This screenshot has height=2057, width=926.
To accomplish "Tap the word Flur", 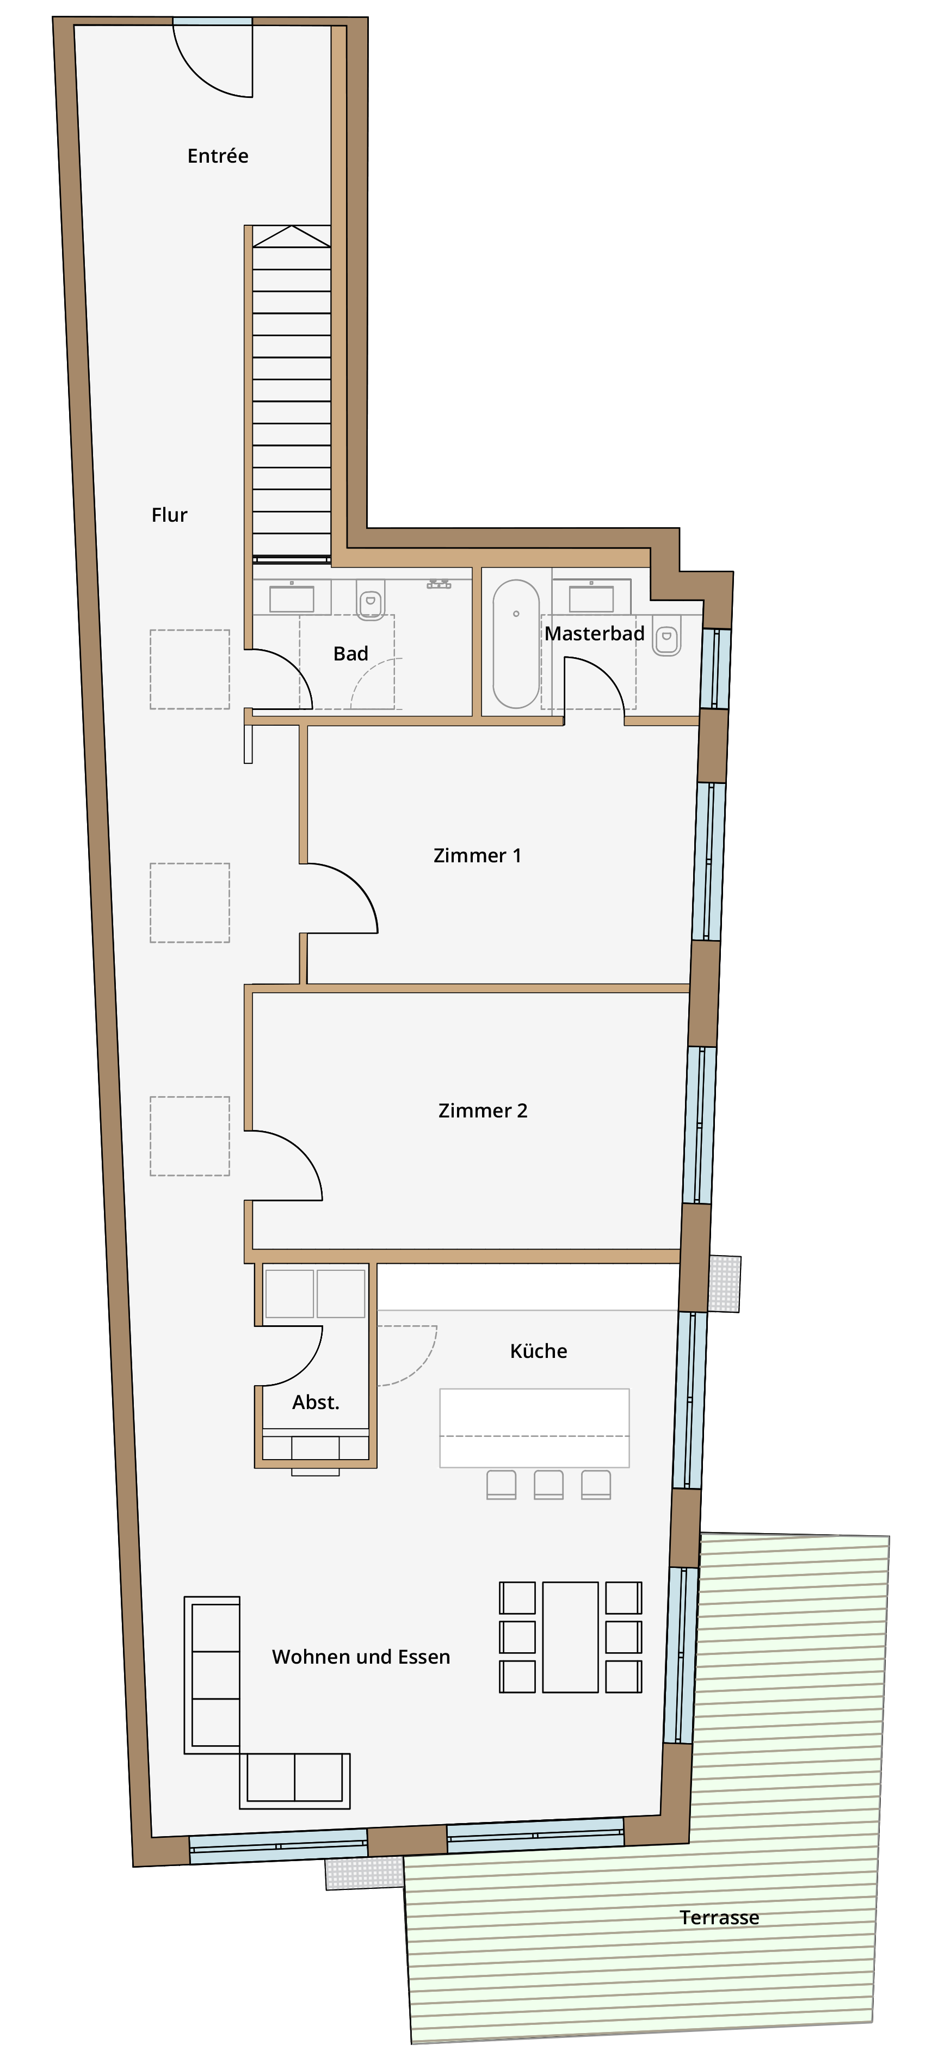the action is click(x=169, y=515).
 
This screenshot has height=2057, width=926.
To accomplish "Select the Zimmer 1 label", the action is click(x=477, y=855).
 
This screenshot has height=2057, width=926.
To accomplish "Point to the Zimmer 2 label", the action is click(x=483, y=1111).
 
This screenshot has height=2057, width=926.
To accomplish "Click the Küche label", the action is click(x=539, y=1350).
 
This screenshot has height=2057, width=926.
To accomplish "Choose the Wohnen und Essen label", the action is click(x=361, y=1657).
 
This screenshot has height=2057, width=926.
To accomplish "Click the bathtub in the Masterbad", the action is click(x=516, y=644).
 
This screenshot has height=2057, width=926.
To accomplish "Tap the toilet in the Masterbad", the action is click(x=666, y=637).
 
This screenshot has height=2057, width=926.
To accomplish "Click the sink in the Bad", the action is click(x=292, y=597).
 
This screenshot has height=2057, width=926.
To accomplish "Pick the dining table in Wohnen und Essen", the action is click(x=571, y=1637).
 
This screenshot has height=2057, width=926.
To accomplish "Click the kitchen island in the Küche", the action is click(x=534, y=1428).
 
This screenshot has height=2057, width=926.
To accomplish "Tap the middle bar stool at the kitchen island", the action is click(x=548, y=1485).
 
